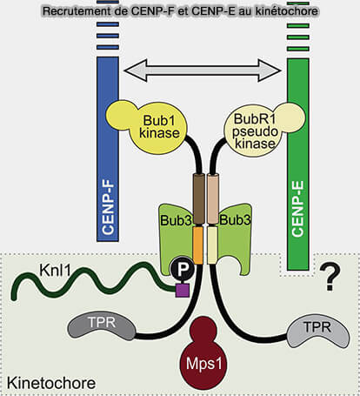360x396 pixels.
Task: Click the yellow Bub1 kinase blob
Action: (x=150, y=127)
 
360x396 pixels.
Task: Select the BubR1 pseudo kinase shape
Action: (x=261, y=129)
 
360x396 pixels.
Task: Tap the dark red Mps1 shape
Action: (x=203, y=354)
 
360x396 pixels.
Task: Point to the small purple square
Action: (x=183, y=291)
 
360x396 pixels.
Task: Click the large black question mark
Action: (x=330, y=277)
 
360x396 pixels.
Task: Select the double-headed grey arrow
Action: (x=203, y=70)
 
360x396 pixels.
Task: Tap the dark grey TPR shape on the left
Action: (x=102, y=327)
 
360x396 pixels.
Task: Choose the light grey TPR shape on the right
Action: (x=318, y=332)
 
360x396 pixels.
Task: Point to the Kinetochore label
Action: (x=51, y=383)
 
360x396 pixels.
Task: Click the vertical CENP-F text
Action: (x=108, y=208)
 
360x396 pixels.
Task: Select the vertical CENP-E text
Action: (x=297, y=208)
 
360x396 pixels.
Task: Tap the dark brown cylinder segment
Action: (x=199, y=198)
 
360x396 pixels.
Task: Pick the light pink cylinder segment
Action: (x=212, y=199)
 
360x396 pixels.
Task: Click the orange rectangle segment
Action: (x=198, y=245)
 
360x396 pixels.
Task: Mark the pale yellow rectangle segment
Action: (x=212, y=245)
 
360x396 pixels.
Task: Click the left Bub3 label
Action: (x=176, y=220)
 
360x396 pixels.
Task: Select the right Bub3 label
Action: (x=235, y=220)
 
